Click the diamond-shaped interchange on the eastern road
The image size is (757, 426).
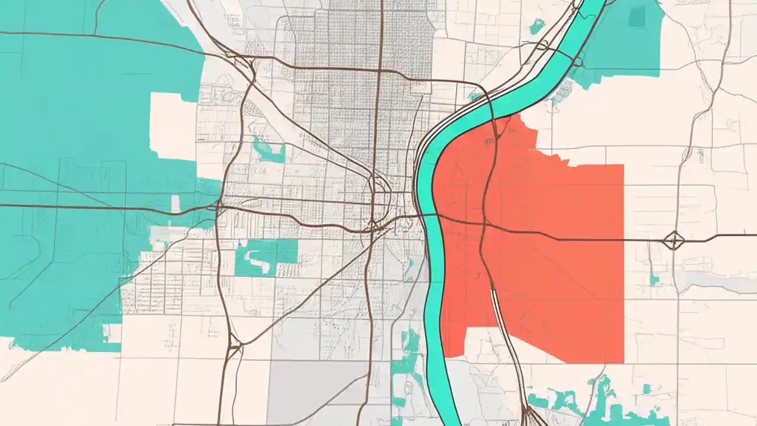click(x=674, y=240)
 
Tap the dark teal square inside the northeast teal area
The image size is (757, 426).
click(x=637, y=16)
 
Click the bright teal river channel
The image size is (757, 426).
click(x=435, y=296)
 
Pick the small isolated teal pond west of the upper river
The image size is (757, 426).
click(x=537, y=26)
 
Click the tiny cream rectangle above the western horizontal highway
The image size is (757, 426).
click(x=175, y=203)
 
